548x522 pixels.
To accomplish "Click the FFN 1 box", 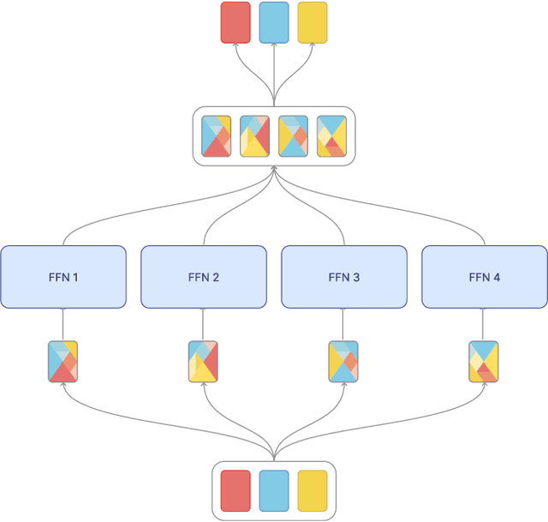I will point(63,277).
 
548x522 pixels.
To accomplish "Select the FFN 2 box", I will point(204,277).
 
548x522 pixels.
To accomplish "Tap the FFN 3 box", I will point(344,277).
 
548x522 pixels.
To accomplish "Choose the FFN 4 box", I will point(485,277).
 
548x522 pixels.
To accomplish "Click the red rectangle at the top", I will point(235,22).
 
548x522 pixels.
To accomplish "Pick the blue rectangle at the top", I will point(274,22).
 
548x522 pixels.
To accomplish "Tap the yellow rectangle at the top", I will point(313,22).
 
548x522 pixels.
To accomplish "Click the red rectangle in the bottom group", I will point(235,490).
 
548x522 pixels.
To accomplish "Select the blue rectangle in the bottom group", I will point(274,490).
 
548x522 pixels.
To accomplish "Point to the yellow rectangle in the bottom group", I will point(313,490).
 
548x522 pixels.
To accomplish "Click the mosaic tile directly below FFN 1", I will point(63,361).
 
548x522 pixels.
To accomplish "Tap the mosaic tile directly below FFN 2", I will point(204,361).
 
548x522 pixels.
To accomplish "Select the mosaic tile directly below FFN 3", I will point(344,361).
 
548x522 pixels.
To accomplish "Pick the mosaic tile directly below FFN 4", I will point(485,361).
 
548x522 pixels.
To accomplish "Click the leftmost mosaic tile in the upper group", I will point(216,136).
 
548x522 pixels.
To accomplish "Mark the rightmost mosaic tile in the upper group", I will point(331,136).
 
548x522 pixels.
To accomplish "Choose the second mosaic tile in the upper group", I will point(254,136).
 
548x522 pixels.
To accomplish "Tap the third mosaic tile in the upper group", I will point(293,136).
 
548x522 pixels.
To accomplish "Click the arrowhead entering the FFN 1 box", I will point(63,311).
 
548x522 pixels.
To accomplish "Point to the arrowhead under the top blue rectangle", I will point(274,47).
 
